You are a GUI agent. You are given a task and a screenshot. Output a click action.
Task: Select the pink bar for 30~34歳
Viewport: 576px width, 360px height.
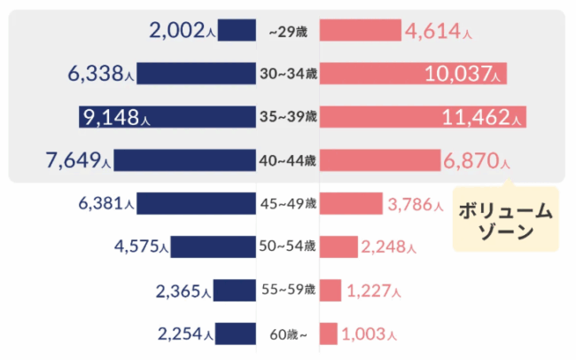coord(412,73)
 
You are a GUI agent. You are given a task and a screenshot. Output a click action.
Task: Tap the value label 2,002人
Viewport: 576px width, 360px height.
coord(183,31)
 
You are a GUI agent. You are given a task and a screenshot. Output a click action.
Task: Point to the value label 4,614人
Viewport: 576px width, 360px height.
coord(438,32)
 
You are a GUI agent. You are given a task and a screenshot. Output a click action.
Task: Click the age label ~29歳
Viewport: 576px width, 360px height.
coord(287,33)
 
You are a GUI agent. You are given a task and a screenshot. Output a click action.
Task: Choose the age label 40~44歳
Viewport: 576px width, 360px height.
coord(287,160)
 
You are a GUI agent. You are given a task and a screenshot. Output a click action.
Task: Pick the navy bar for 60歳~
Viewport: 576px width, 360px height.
coord(236,333)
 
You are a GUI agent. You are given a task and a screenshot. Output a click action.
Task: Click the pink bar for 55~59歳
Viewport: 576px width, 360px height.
coord(330,290)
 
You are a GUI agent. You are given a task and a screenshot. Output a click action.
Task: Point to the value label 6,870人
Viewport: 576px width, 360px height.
coord(478,161)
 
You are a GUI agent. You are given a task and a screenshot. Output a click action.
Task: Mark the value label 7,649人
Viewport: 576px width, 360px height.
coord(77,160)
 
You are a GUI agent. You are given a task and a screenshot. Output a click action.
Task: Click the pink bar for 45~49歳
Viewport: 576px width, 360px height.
coord(349,204)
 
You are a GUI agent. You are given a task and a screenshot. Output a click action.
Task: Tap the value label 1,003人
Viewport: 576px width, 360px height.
coord(369,334)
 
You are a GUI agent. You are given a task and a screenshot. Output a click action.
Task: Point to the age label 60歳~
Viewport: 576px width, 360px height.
coord(287,334)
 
